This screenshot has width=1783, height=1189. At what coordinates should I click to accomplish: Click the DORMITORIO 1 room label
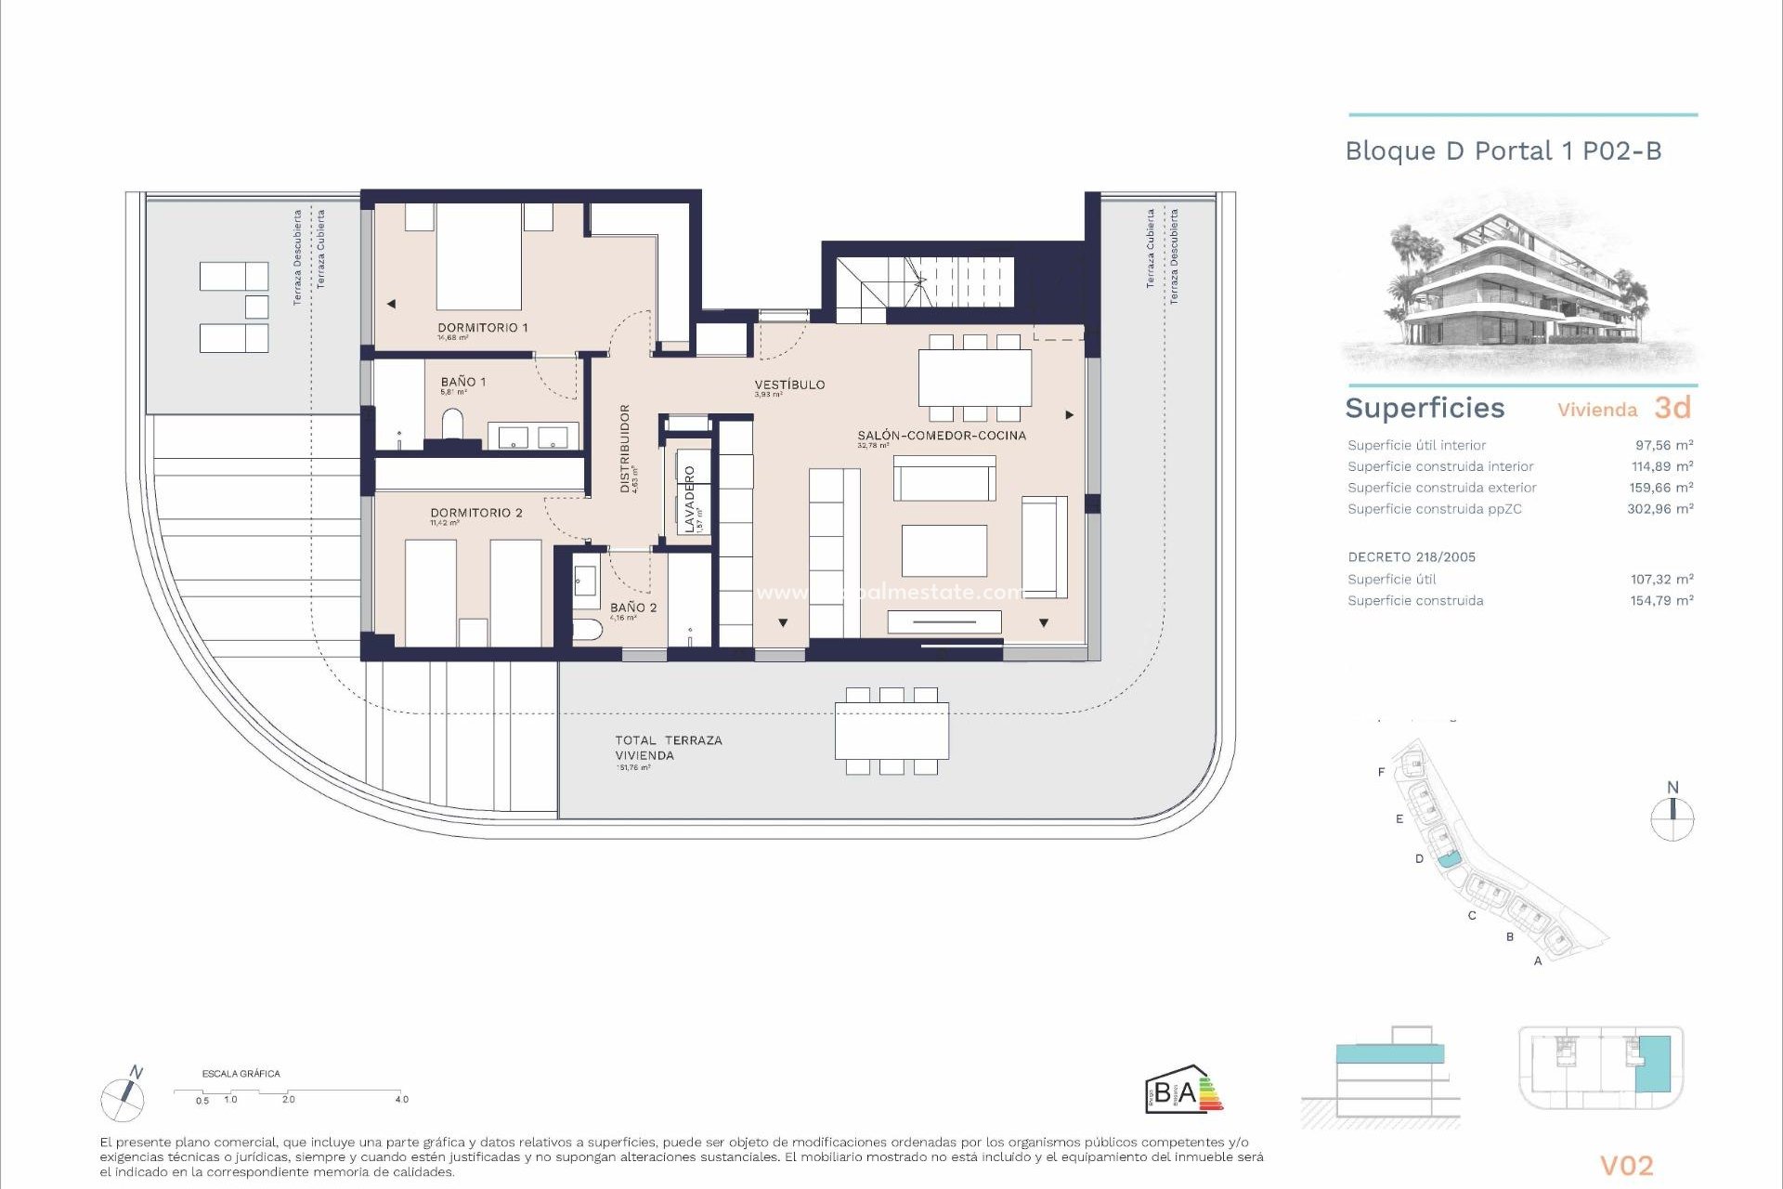click(x=482, y=328)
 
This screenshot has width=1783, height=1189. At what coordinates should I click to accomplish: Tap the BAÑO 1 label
click(x=462, y=382)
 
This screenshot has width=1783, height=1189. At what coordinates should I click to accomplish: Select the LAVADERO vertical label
click(x=689, y=500)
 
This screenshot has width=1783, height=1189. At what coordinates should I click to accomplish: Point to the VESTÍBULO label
click(x=789, y=385)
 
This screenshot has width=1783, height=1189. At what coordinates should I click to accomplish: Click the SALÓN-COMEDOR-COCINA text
click(x=941, y=436)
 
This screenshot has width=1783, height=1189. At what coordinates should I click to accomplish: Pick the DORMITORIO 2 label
click(x=475, y=513)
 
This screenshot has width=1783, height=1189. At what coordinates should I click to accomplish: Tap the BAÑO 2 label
click(x=632, y=608)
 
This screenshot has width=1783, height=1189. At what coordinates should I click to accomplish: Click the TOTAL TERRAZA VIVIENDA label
click(x=668, y=748)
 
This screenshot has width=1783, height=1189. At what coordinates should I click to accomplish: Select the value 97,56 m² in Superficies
click(x=1663, y=445)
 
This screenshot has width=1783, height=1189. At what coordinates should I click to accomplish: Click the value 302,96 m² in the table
click(x=1659, y=509)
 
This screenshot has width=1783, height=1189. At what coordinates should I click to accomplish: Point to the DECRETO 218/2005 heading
click(x=1411, y=557)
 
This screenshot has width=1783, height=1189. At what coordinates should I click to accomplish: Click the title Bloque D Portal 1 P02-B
click(x=1503, y=151)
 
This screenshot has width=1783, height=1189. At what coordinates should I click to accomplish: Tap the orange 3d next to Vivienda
click(x=1672, y=408)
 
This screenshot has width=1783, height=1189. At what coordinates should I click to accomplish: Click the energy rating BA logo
click(x=1183, y=1091)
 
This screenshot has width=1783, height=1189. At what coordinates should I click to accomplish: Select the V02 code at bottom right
click(x=1626, y=1166)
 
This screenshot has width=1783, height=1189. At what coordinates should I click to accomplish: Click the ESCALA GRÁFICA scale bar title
click(x=241, y=1074)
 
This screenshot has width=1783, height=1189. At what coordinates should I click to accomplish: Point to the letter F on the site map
click(x=1381, y=772)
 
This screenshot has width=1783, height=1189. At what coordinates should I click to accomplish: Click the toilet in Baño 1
click(x=452, y=425)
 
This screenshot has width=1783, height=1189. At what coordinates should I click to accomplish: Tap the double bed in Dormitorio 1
click(x=478, y=257)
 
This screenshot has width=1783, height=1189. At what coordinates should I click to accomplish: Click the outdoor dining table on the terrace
click(x=891, y=731)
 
